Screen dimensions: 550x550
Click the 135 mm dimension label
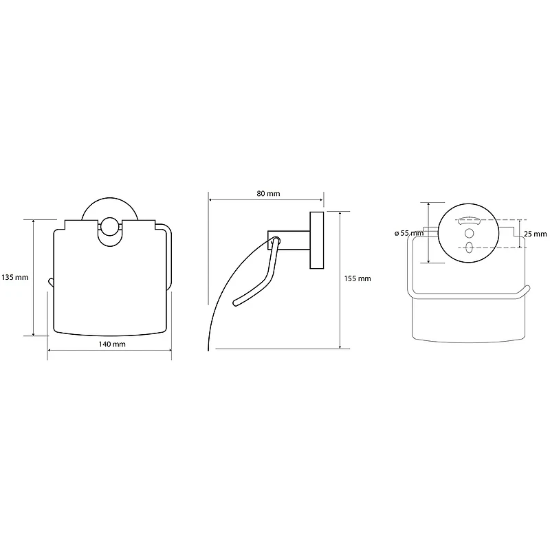(x=14, y=278)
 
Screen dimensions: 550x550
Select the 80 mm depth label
(x=268, y=194)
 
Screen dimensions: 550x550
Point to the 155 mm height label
(x=357, y=279)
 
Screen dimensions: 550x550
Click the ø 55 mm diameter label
(x=409, y=233)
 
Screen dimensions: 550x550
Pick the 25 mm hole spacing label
(x=536, y=234)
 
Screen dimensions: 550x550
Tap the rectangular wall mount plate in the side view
(x=317, y=240)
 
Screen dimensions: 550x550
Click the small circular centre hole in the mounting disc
(x=469, y=233)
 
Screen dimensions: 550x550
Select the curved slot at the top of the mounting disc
(x=469, y=221)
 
